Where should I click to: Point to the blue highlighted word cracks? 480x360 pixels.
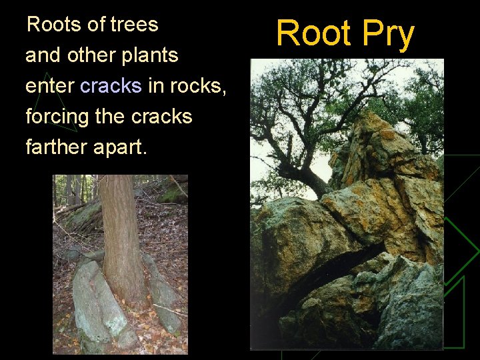(x=111, y=86)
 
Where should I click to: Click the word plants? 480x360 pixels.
(x=151, y=56)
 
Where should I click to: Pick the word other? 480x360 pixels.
(x=93, y=55)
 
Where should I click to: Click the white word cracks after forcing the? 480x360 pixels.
(x=161, y=117)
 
